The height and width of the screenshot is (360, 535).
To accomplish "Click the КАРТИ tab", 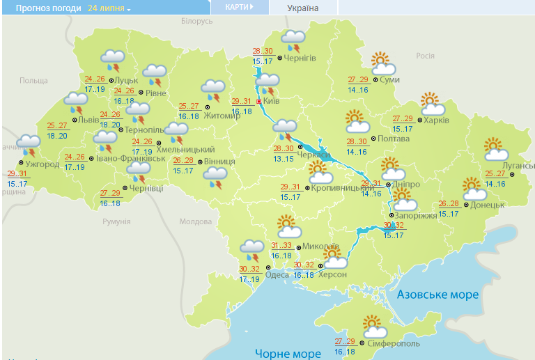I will tap(239, 7).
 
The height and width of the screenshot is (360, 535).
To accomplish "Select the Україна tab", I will tap(302, 8).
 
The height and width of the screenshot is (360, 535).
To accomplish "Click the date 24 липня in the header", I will tap(107, 8).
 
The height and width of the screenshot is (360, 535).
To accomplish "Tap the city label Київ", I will tap(273, 102).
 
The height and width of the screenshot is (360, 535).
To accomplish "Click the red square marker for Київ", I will tap(259, 102).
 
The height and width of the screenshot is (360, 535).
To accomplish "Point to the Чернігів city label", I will tap(300, 58).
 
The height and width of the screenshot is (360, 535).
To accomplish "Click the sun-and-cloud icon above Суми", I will tap(382, 63).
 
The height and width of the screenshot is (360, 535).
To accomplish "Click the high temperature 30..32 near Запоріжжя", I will tap(394, 226).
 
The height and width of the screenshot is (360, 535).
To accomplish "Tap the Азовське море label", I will tap(437, 295).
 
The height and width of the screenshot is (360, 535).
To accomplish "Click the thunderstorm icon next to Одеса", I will tap(252, 250).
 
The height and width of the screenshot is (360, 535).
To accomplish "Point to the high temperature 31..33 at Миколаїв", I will tap(281, 246).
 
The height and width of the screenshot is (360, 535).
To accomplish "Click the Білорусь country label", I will tap(196, 22).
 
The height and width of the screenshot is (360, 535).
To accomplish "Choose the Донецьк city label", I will tap(487, 205).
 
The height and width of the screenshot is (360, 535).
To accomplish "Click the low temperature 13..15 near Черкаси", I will tap(283, 159).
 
